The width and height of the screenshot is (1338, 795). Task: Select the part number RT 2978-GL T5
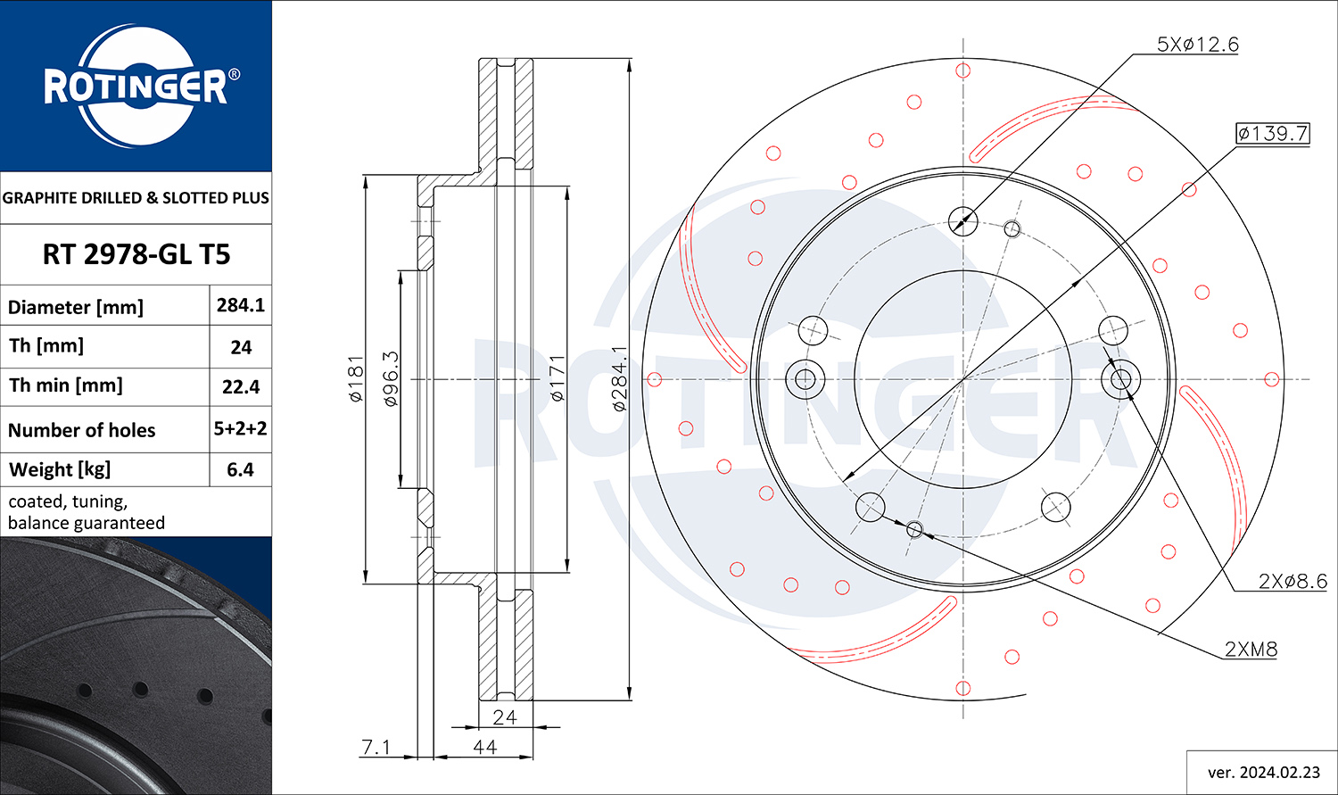[x=136, y=254]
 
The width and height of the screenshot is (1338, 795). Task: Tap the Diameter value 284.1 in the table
[x=240, y=305]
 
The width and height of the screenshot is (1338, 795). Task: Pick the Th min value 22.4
[x=241, y=387]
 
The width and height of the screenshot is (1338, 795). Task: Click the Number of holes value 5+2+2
[x=240, y=428]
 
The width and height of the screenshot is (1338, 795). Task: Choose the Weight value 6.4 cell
[x=240, y=469]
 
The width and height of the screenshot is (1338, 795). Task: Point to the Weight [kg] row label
[x=60, y=470]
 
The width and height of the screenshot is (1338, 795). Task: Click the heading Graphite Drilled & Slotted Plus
[x=136, y=198]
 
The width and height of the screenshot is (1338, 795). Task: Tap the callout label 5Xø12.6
[x=1198, y=45]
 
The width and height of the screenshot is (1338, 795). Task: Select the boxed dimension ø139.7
[x=1273, y=133]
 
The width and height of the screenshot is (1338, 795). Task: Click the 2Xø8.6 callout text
[x=1293, y=581]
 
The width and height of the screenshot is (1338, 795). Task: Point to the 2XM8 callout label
[x=1251, y=649]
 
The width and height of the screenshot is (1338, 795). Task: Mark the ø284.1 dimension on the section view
[x=619, y=378]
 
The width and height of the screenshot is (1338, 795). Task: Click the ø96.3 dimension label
[x=390, y=378]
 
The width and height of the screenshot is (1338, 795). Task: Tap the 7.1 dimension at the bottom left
[x=376, y=747]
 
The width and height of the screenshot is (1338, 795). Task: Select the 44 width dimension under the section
[x=484, y=747]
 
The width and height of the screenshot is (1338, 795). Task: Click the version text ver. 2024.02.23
[x=1264, y=773]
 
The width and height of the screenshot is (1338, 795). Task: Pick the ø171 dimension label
[x=557, y=378]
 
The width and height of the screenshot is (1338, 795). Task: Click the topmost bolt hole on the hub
[x=962, y=221]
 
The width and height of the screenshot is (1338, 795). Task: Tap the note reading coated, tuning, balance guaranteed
[x=86, y=512]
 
